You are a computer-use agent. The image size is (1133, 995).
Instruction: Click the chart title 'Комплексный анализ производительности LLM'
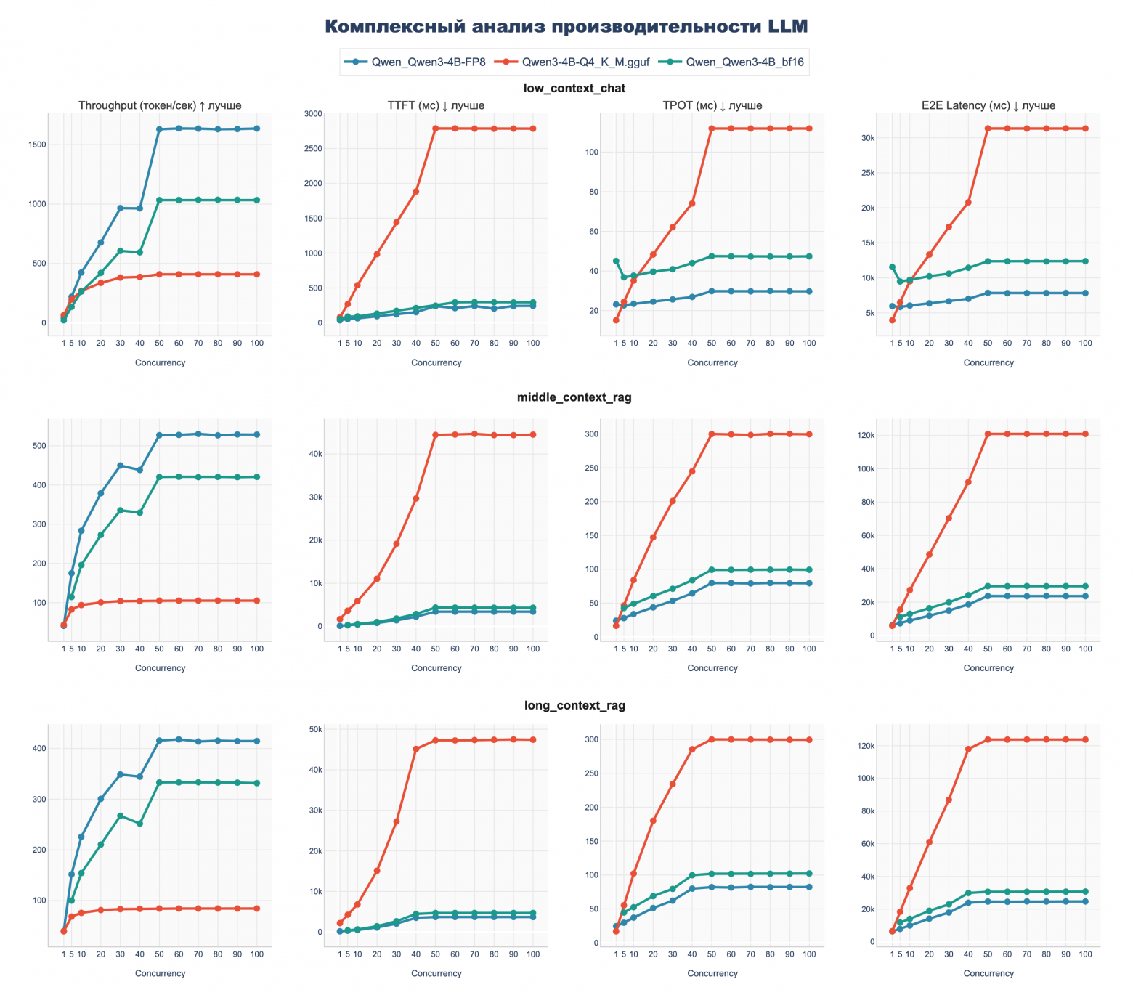[x=566, y=26]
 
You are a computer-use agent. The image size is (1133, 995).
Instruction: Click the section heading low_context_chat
[x=574, y=88]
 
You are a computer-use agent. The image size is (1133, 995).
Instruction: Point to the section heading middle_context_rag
[x=574, y=397]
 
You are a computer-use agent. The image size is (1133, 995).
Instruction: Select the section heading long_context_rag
[x=574, y=705]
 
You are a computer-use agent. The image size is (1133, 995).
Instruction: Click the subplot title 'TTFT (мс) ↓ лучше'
[x=436, y=105]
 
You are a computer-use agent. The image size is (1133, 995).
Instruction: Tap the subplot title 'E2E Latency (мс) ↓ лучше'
[x=988, y=105]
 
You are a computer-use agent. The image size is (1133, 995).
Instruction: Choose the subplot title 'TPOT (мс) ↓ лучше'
[x=712, y=105]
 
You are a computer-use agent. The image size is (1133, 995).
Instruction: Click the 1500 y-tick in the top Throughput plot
[x=36, y=145]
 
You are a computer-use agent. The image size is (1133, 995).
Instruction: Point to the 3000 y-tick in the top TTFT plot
[x=313, y=114]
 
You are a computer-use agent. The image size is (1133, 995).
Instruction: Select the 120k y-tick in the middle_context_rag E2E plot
[x=865, y=435]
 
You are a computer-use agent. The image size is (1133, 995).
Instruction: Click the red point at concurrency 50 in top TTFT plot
[x=435, y=129]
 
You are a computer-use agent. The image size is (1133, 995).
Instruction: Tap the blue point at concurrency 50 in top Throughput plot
[x=159, y=129]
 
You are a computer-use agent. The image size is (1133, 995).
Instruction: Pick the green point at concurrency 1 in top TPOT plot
[x=616, y=261]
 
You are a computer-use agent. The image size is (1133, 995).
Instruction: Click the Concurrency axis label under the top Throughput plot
[x=160, y=362]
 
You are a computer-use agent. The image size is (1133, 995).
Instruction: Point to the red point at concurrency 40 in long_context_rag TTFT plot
[x=415, y=750]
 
